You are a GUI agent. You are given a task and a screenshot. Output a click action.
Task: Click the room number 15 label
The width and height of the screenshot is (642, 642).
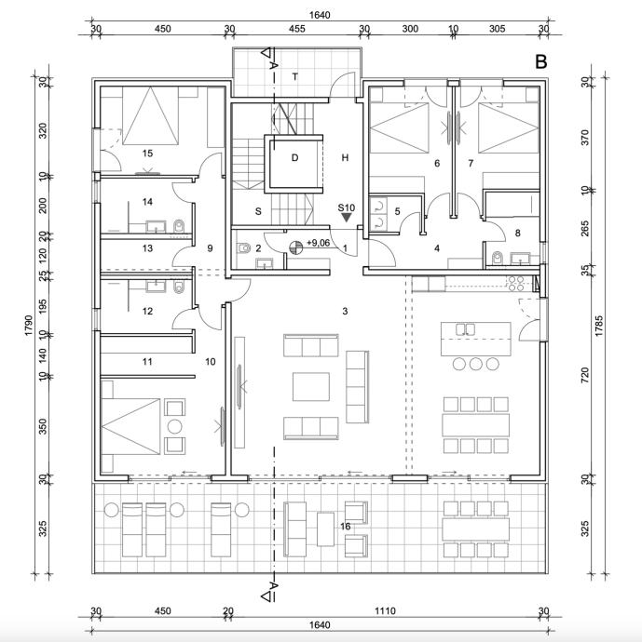[147, 153]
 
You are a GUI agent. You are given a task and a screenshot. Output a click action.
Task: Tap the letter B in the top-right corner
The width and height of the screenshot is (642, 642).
[540, 62]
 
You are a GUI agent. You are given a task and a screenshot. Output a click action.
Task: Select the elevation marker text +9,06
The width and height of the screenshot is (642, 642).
[319, 243]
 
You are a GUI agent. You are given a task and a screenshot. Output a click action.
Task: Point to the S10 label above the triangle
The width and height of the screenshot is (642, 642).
[346, 207]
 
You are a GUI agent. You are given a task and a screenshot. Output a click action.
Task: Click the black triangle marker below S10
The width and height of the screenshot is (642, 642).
[347, 218]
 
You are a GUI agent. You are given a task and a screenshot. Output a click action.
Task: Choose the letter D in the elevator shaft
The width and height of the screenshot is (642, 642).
[294, 157]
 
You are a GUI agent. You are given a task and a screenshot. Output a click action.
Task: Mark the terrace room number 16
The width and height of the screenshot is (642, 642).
[345, 527]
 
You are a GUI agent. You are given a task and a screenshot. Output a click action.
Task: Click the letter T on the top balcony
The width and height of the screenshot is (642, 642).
[294, 75]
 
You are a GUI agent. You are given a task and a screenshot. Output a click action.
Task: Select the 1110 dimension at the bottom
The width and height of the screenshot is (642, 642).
[385, 611]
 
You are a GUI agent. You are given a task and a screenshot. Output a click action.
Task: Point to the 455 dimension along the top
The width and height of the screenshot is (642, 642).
[296, 29]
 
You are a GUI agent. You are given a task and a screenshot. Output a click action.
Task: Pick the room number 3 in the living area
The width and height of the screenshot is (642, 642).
[345, 310]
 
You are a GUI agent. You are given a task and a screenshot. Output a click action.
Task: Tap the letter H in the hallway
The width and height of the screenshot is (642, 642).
[345, 157]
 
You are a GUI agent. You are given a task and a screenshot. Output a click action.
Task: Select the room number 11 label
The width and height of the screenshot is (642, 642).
[147, 361]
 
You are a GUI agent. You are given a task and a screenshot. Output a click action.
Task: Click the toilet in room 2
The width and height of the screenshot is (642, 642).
[243, 248]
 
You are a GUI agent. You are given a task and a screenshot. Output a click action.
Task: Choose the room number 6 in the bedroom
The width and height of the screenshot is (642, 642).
[436, 164]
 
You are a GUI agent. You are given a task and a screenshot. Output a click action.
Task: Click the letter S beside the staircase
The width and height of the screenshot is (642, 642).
[257, 212]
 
